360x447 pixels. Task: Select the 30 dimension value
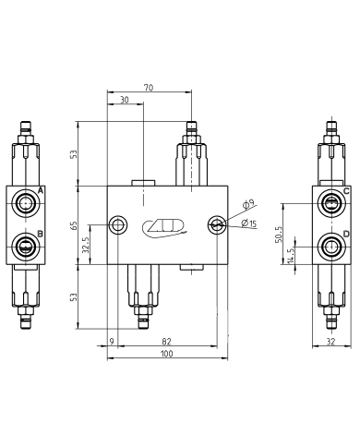pos(124,100)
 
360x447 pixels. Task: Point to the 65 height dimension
pos(76,223)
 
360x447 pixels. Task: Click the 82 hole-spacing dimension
pos(165,342)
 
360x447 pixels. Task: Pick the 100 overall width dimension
pos(166,355)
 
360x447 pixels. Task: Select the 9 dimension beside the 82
pos(112,342)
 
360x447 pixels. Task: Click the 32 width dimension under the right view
pos(330,342)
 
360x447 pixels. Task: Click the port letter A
pos(41,190)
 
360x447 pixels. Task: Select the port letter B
pos(41,233)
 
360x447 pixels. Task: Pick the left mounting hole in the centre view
pos(117,224)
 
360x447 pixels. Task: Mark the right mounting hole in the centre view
pos(216,224)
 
